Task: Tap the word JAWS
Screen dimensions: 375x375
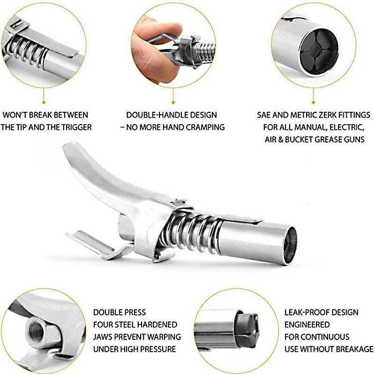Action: point(104,337)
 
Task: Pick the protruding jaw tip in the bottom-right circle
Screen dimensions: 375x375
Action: point(249,329)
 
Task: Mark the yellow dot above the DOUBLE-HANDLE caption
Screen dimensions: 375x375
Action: point(173,101)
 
